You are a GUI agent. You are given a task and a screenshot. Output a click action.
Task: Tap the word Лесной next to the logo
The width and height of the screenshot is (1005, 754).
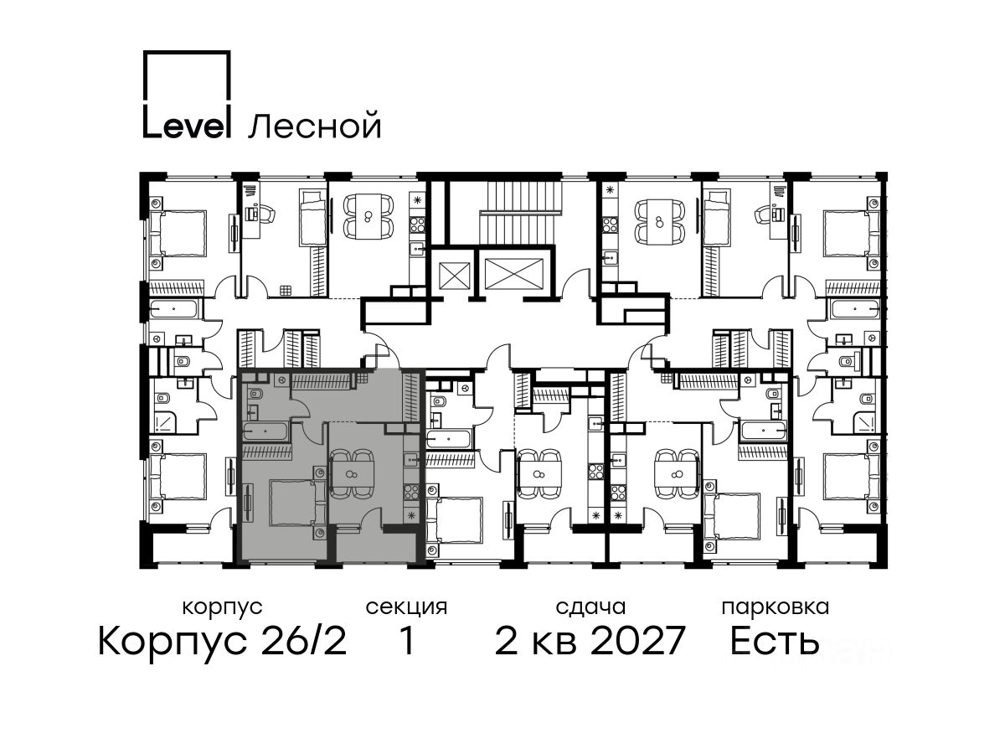coord(315,125)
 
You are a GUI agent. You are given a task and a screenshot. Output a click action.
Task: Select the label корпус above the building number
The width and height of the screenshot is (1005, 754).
coord(222,608)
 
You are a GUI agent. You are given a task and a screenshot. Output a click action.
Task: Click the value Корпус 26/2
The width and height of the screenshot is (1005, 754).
coord(222,641)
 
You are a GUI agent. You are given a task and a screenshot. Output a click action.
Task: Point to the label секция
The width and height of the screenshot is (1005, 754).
coord(406,608)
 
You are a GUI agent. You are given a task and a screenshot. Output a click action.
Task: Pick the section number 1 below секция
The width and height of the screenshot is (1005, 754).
coord(406,641)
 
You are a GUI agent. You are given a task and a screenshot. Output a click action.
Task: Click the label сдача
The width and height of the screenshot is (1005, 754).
coord(590,607)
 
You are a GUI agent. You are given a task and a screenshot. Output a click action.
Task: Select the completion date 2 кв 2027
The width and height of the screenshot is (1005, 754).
coord(590,641)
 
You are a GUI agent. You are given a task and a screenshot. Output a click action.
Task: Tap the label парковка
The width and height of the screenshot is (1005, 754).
coord(776,607)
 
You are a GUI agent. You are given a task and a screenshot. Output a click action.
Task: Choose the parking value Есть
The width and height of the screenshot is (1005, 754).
coord(774,641)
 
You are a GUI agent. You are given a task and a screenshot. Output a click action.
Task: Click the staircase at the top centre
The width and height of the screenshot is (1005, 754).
coord(520,214)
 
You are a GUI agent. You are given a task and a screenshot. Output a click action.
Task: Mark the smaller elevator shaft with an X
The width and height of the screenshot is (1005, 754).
coord(455,276)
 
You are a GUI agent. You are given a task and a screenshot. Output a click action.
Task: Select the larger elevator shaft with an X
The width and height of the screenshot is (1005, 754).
coord(513,274)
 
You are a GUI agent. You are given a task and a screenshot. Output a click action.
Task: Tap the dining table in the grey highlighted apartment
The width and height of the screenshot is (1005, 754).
coord(352,474)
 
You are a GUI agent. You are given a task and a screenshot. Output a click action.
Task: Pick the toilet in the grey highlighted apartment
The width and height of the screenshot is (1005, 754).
coord(255,393)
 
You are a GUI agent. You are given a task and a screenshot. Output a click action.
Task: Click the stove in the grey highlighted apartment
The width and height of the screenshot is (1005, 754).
coord(411,492)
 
